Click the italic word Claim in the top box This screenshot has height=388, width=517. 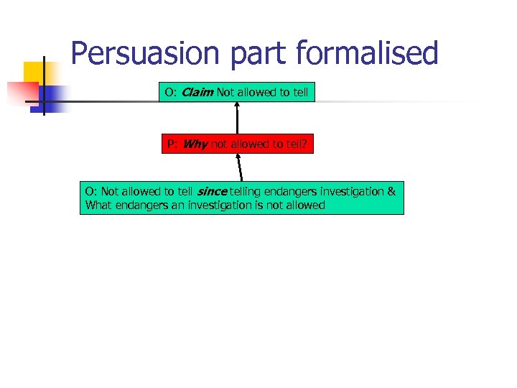197,92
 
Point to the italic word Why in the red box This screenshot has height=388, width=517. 195,144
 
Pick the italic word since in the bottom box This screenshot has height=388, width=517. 211,191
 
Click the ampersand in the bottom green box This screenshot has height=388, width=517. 391,191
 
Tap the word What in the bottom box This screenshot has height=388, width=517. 99,205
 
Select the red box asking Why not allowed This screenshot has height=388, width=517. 237,144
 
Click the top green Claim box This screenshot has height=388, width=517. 237,92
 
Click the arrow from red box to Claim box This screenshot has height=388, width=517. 237,119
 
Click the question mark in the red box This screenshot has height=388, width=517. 304,144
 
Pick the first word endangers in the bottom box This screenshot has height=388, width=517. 281,191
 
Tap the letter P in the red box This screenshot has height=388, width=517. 171,144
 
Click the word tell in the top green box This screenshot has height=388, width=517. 299,92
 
